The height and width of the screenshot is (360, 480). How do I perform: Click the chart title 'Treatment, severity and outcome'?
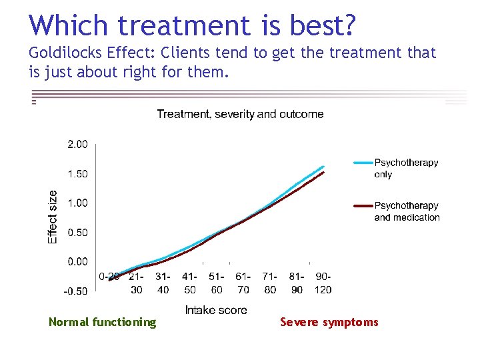240,114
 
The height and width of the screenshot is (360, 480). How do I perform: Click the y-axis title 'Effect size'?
53,217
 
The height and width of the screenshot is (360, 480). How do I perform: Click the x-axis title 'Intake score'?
216,310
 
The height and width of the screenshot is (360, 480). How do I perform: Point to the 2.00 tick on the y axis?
77,144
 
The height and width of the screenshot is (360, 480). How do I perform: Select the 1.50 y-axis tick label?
77,173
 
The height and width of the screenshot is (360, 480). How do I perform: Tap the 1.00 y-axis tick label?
77,203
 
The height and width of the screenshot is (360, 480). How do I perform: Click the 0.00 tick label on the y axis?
77,261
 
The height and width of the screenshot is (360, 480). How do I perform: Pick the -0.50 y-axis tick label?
75,291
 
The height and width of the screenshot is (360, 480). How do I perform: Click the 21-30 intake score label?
137,283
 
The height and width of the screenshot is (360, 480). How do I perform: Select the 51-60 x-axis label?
217,283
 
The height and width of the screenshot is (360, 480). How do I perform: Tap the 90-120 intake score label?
323,283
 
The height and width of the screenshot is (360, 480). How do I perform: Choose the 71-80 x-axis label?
270,283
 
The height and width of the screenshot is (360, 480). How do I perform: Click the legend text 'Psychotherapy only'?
406,169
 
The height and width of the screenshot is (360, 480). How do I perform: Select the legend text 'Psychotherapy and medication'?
407,211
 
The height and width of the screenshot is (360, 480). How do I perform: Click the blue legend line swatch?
362,163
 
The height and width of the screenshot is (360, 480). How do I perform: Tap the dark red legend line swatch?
362,206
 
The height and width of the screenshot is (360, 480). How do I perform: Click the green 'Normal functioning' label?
102,323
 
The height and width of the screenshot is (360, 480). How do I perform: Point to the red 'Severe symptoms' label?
329,323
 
